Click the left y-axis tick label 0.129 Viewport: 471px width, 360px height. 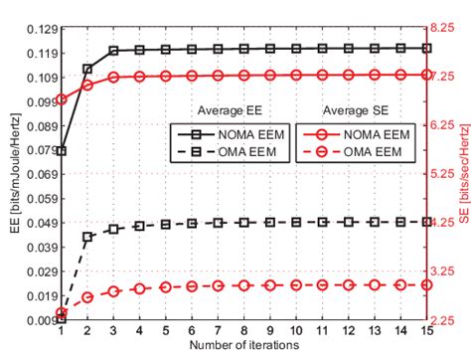pos(37,28)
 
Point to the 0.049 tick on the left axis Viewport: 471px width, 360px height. pos(37,222)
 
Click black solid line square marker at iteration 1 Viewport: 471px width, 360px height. pos(62,151)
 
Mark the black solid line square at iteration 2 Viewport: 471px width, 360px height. pos(87,69)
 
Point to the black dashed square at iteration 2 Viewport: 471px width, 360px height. pos(87,237)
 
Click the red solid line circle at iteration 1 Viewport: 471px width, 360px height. pos(62,99)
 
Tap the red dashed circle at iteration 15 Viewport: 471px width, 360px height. pos(425,284)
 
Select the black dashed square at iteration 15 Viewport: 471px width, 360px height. pos(425,222)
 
